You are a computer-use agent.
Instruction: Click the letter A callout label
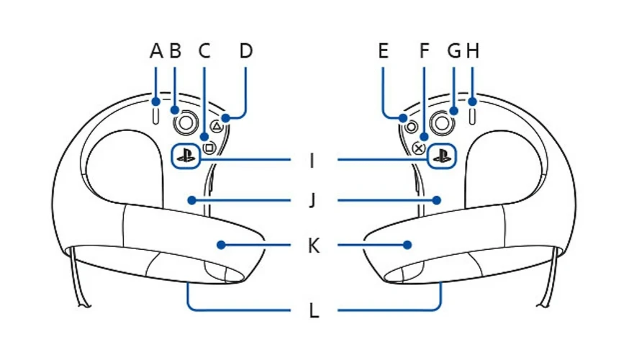pos(156,51)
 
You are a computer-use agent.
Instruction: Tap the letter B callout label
pos(175,51)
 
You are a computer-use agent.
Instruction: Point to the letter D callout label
pos(246,51)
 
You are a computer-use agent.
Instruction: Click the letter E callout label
pos(382,51)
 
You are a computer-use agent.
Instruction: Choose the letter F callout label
pos(424,51)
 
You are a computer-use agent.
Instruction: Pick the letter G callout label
pos(454,51)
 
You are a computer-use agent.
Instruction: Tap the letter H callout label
pos(472,51)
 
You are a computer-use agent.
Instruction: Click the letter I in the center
pos(312,160)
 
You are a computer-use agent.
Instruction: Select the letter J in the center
pos(312,199)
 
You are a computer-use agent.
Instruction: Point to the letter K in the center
pos(313,246)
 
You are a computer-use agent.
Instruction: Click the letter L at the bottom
pos(313,311)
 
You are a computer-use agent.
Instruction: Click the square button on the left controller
pos(209,148)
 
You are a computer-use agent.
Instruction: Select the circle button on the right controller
pos(412,126)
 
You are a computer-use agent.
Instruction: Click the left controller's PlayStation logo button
pos(185,156)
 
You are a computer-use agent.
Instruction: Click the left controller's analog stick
pos(186,122)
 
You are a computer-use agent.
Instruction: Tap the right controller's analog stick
pos(442,122)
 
